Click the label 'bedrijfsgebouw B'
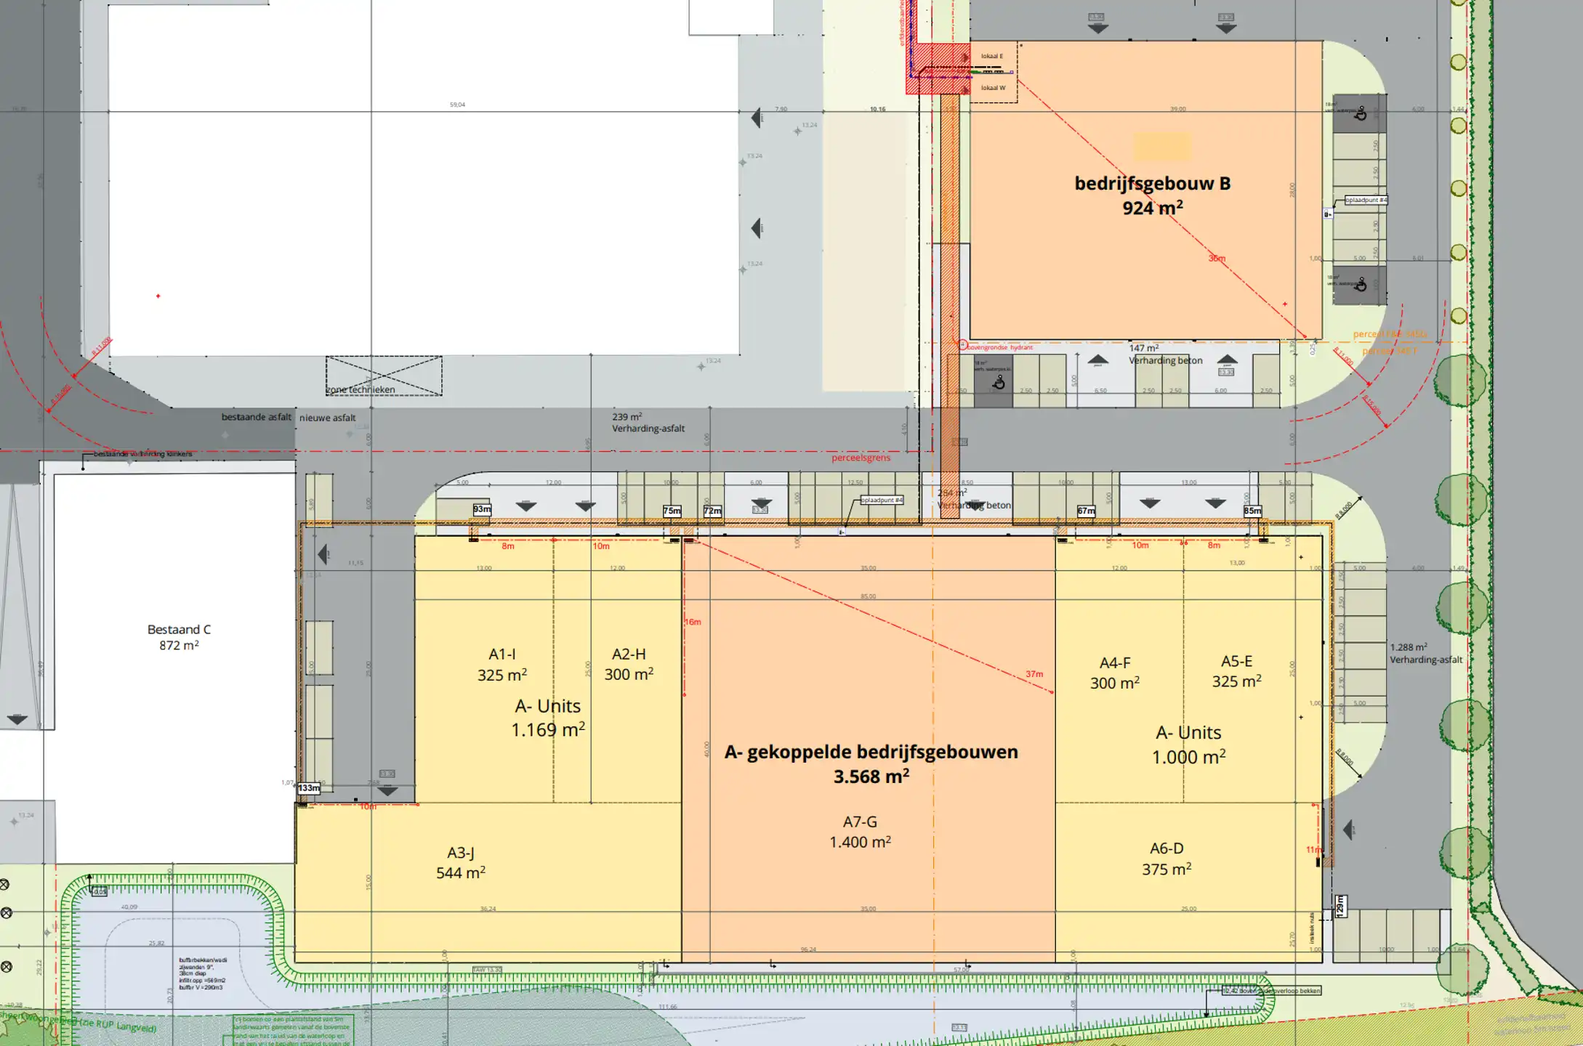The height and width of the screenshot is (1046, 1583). tap(1152, 184)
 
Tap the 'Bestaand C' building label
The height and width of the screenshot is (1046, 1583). tap(179, 630)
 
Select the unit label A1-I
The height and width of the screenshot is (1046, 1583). tap(502, 654)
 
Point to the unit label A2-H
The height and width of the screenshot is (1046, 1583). tap(629, 654)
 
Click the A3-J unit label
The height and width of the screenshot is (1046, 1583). tap(461, 853)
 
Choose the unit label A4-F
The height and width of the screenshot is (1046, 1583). tap(1115, 663)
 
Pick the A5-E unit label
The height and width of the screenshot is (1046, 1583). tap(1236, 662)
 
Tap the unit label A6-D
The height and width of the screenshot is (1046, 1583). tap(1167, 848)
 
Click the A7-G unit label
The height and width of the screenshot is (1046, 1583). tap(860, 822)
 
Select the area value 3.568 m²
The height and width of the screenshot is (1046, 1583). tap(871, 777)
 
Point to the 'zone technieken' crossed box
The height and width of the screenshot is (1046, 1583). tap(383, 376)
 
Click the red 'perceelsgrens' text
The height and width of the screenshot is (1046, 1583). tap(861, 458)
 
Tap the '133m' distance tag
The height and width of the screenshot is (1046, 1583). tap(308, 788)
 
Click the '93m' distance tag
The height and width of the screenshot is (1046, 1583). tap(482, 509)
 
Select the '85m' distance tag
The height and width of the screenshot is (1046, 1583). tap(1252, 511)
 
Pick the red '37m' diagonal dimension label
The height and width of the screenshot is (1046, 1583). tap(1034, 674)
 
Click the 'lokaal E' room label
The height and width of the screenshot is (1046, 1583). tap(991, 56)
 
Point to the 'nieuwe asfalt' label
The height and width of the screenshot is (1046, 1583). tap(328, 418)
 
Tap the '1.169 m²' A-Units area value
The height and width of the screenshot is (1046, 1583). tap(548, 730)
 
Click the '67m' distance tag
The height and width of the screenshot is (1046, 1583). tap(1086, 511)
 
